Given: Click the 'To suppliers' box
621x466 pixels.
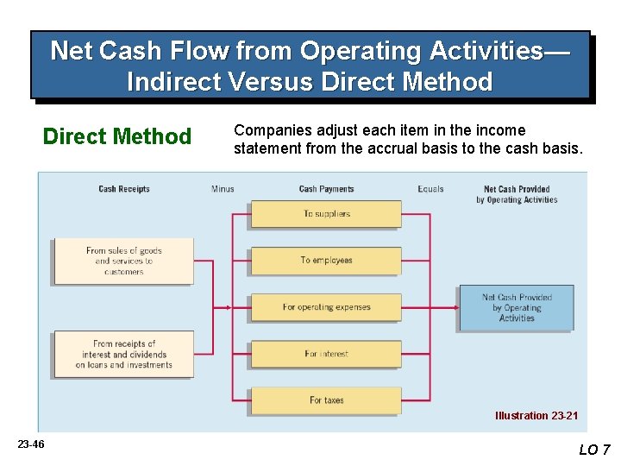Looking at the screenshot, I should pyautogui.click(x=326, y=214).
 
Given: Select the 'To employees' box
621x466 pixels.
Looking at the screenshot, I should pyautogui.click(x=326, y=261).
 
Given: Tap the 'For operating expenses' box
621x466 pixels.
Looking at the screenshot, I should pyautogui.click(x=326, y=307).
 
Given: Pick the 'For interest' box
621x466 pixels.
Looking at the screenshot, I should pyautogui.click(x=326, y=354).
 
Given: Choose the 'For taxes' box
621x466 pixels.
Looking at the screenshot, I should pyautogui.click(x=326, y=400).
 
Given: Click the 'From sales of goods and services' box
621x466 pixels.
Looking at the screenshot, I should pyautogui.click(x=123, y=261).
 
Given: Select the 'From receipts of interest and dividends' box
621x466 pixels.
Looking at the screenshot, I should pyautogui.click(x=123, y=354).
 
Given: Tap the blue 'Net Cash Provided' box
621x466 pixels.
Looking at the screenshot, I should pyautogui.click(x=516, y=307).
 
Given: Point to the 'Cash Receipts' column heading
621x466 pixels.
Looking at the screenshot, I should pyautogui.click(x=124, y=189).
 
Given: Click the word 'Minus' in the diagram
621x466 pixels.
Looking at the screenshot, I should pyautogui.click(x=223, y=189).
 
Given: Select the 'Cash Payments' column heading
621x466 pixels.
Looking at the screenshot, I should pyautogui.click(x=326, y=189).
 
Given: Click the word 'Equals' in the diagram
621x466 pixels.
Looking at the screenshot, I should pyautogui.click(x=430, y=189).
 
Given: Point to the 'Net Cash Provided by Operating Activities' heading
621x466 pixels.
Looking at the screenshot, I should pyautogui.click(x=516, y=194).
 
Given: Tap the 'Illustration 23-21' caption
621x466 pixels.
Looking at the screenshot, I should pyautogui.click(x=536, y=416).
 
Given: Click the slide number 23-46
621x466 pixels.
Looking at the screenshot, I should pyautogui.click(x=31, y=444).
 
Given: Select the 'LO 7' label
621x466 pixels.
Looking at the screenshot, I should pyautogui.click(x=594, y=450).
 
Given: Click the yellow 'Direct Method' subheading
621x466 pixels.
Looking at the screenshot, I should pyautogui.click(x=117, y=136).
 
